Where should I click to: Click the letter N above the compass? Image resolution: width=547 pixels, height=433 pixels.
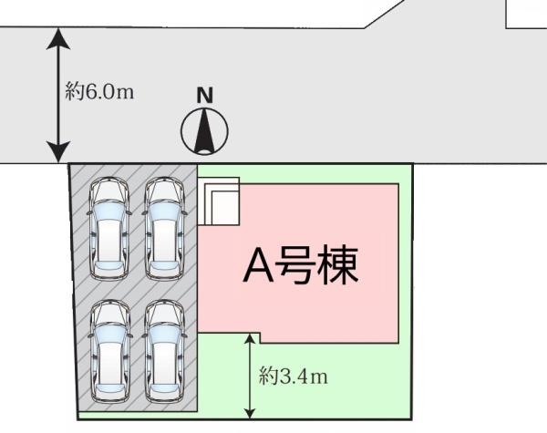pos(205,95)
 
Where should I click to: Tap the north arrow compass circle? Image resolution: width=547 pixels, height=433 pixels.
pos(204,131)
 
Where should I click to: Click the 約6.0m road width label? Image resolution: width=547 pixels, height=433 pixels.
pos(99,92)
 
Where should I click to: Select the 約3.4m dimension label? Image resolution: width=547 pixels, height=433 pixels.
pos(294,376)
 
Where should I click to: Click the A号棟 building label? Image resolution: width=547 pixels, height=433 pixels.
pos(301,265)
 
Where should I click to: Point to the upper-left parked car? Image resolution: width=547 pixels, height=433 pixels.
pos(109,229)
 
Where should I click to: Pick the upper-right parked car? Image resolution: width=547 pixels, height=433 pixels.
pos(164,229)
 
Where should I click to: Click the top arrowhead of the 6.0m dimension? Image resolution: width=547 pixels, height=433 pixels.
pos(58,37)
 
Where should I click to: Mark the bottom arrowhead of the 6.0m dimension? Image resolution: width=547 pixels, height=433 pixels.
pos(58,152)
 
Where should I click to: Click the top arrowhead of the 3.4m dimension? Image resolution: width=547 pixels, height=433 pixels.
pos(250,339)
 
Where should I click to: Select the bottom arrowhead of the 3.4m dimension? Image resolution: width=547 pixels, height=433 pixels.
pos(250,413)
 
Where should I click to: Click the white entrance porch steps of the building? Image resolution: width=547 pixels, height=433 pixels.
pos(219,201)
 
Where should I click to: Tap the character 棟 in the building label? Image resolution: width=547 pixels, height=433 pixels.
pos(339,265)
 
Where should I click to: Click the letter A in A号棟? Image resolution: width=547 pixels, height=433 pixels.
pos(259,266)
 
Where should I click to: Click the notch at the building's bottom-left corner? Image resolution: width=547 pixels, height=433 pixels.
pos(260,338)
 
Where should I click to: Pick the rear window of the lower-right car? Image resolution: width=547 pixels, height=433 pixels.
pos(164,389)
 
